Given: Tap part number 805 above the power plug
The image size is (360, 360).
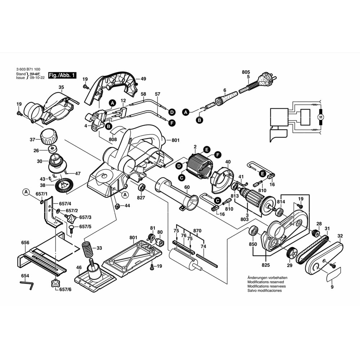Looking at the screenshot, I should pos(246,72).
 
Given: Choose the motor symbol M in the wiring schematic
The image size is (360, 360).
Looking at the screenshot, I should pos(320,117).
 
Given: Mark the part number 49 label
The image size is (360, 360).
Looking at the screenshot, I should pos(143,79).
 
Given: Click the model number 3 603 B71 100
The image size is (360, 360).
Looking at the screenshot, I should pos(28,70).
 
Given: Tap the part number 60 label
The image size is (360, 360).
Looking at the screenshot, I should pos(186,187).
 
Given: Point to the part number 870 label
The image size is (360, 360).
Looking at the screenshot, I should pos(197,230).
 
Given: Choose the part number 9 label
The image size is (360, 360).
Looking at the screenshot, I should pos(332,287).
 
